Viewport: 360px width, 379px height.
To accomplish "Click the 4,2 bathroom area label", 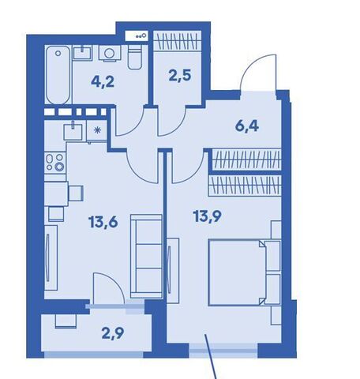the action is [x=103, y=81].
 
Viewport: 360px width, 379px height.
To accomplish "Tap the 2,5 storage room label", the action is [x=180, y=76].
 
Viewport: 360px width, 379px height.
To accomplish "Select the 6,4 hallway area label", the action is [x=247, y=126].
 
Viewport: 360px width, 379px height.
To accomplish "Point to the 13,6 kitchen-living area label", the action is [x=103, y=222].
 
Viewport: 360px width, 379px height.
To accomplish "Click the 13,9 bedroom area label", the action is [x=208, y=216].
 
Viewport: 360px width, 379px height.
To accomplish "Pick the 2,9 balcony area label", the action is [x=113, y=333].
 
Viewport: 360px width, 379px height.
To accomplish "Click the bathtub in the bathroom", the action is [x=58, y=75].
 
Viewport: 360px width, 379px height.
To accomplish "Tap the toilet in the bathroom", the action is [x=135, y=57].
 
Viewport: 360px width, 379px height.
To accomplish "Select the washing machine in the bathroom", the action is [x=110, y=54].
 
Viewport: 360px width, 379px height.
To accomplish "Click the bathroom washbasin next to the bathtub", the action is [x=82, y=53].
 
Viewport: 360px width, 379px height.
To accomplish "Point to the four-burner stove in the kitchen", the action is [x=54, y=163].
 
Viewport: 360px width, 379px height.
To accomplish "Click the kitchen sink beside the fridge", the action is [x=73, y=131].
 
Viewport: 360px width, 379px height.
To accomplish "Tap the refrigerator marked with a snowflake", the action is [x=97, y=130].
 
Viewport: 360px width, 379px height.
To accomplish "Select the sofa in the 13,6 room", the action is [x=146, y=256].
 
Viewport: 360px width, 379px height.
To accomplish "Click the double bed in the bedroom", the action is [x=244, y=272].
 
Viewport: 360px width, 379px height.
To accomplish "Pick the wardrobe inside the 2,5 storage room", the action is [x=178, y=41].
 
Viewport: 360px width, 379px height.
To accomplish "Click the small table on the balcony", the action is [x=66, y=321].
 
